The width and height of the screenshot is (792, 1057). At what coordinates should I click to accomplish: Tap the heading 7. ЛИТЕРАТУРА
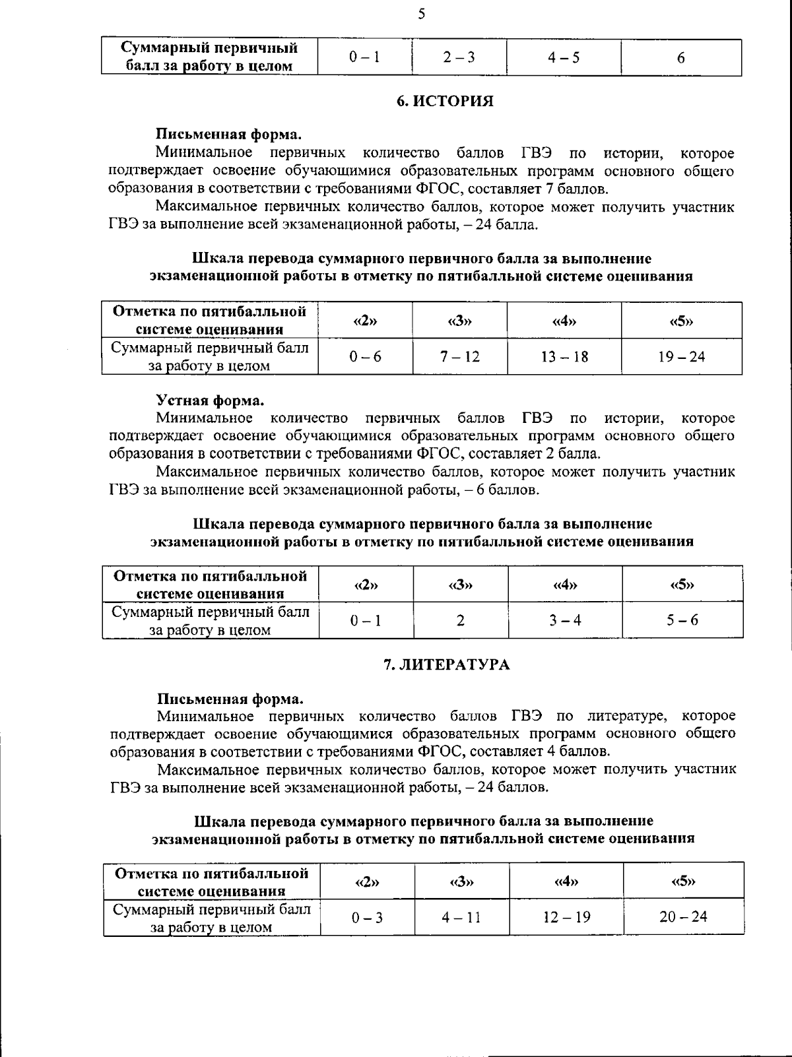tap(447, 664)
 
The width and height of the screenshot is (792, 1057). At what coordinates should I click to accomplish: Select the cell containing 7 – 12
tap(460, 357)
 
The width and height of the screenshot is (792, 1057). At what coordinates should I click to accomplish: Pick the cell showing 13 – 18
tap(564, 357)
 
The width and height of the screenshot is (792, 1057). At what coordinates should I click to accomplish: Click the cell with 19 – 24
tap(681, 357)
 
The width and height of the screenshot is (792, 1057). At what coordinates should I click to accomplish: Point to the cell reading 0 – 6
tap(366, 357)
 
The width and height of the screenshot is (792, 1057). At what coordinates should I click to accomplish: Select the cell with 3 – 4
tap(565, 620)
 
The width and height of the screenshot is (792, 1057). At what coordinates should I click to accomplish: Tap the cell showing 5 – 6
tap(682, 620)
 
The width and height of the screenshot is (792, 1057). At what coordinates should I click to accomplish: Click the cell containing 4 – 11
tap(461, 917)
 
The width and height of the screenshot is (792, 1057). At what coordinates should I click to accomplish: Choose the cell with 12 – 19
tap(566, 917)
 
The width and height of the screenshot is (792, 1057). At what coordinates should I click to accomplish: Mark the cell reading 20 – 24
tap(683, 917)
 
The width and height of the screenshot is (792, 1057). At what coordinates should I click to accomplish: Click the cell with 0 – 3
tap(367, 917)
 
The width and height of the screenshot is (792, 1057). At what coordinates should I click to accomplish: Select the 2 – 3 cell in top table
tap(459, 57)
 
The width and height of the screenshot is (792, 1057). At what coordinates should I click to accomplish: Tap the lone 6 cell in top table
tap(680, 57)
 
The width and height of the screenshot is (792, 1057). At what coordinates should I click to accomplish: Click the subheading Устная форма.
tap(210, 400)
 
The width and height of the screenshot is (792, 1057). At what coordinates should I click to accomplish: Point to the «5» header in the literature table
tap(683, 881)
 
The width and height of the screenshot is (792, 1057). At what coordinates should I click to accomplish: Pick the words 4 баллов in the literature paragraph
tap(578, 752)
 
